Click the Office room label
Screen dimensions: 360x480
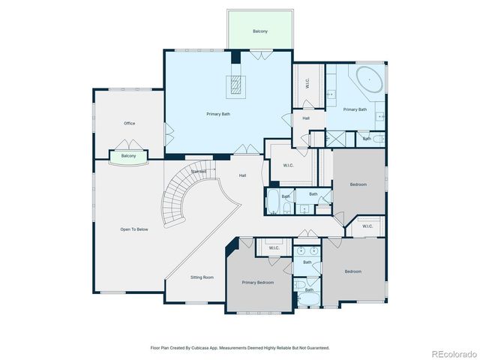pyautogui.click(x=129, y=123)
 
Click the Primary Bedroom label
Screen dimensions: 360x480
pyautogui.click(x=257, y=283)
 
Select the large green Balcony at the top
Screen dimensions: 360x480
pyautogui.click(x=259, y=31)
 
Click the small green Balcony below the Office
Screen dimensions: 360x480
pyautogui.click(x=128, y=156)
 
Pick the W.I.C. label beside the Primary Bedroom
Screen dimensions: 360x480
pyautogui.click(x=273, y=247)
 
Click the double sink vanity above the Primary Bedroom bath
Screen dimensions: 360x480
pyautogui.click(x=307, y=250)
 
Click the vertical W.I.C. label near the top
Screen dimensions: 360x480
pyautogui.click(x=307, y=84)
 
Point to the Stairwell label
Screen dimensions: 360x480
pyautogui.click(x=199, y=172)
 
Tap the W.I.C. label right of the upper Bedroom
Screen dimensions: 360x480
pyautogui.click(x=367, y=226)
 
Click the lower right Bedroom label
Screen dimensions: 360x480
pyautogui.click(x=352, y=271)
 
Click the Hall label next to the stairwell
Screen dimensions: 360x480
pyautogui.click(x=242, y=175)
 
